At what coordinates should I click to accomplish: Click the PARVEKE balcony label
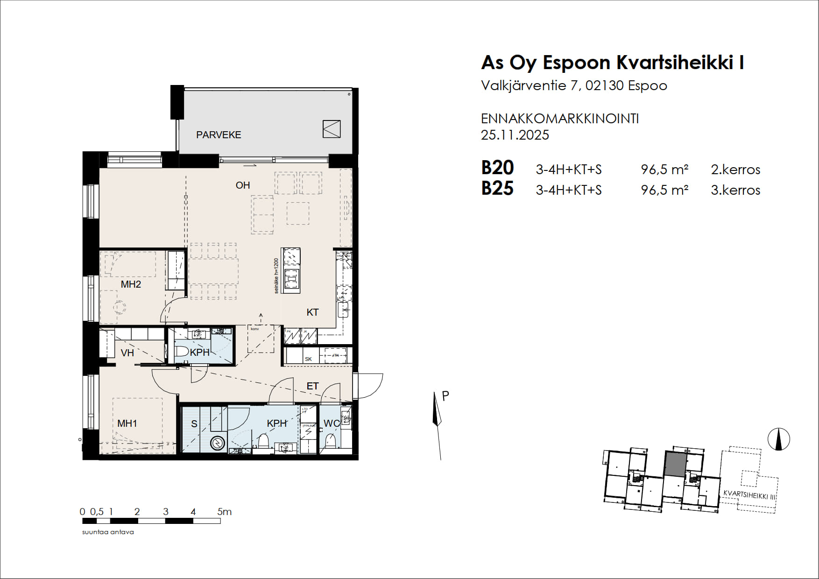[x=219, y=135]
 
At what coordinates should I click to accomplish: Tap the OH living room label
[x=243, y=185]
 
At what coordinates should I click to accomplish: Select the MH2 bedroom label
[x=131, y=284]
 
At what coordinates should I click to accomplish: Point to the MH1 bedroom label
[x=127, y=424]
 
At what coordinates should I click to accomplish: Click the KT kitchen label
[x=312, y=312]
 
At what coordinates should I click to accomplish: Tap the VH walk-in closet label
[x=127, y=353]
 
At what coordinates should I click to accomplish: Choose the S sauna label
[x=194, y=424]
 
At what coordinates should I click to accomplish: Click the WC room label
[x=332, y=424]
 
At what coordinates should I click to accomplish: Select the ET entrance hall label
[x=312, y=386]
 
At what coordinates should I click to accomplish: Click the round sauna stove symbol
[x=218, y=443]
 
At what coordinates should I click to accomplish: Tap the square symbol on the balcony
[x=332, y=129]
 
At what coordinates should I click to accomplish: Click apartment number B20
[x=497, y=168]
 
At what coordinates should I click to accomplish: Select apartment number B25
[x=497, y=189]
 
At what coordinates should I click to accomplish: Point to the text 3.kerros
[x=735, y=191]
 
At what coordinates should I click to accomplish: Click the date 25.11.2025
[x=515, y=135]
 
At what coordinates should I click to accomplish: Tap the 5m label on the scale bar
[x=225, y=512]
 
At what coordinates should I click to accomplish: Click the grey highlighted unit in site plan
[x=676, y=464]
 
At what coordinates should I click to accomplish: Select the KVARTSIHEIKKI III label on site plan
[x=749, y=495]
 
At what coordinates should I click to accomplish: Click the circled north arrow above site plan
[x=779, y=439]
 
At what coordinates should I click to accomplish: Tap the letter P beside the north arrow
[x=445, y=396]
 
